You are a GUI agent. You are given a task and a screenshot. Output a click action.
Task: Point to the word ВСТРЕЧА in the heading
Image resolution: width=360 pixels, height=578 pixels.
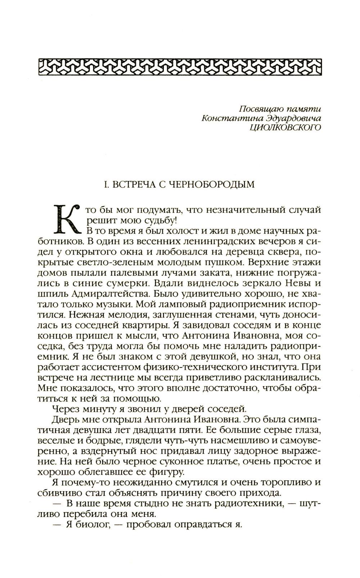[131, 185]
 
